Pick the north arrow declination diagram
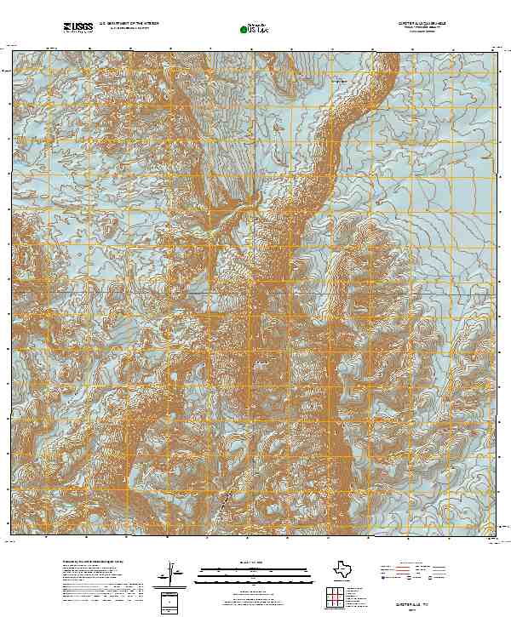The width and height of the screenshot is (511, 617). click(x=172, y=571)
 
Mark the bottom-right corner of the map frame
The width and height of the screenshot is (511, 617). click(x=497, y=536)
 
